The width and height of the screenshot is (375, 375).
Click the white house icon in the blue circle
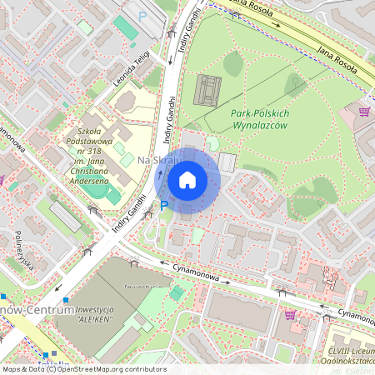point(187,180)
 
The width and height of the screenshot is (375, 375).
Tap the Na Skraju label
point(153,159)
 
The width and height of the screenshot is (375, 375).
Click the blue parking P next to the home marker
point(164,206)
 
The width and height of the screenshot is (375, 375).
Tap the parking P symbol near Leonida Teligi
point(142,16)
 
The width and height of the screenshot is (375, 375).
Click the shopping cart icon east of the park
point(364,111)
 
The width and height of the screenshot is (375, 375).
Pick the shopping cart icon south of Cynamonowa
point(289,314)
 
